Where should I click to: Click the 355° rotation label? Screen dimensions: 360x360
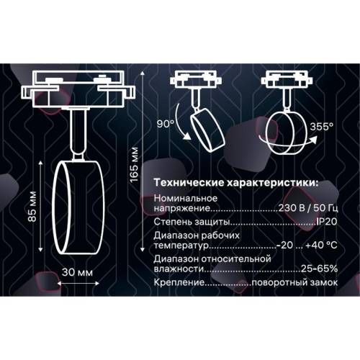pos(322,125)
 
